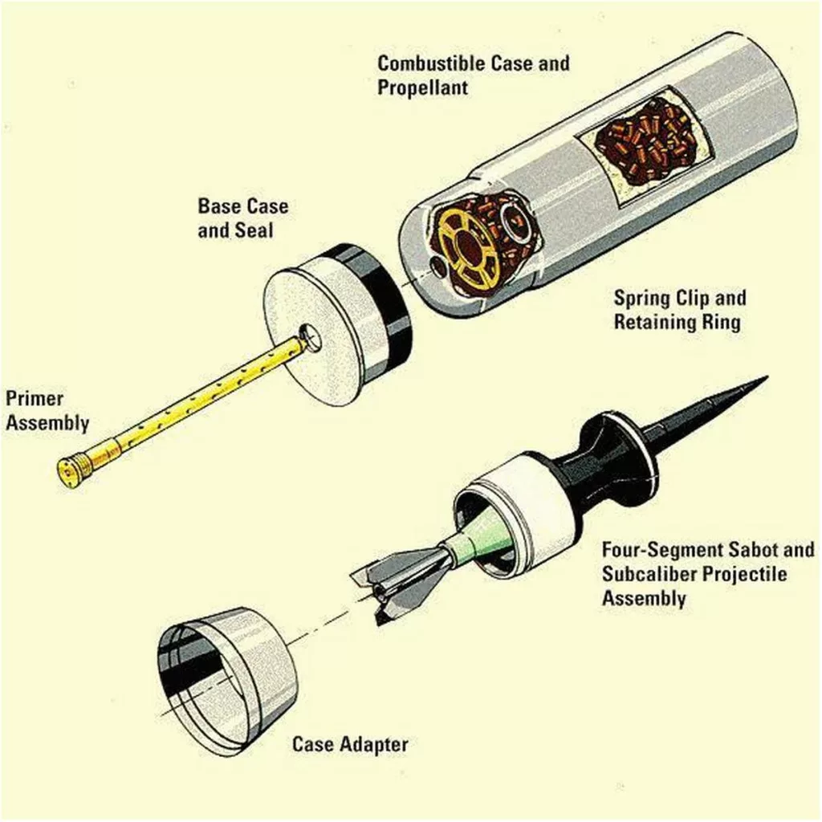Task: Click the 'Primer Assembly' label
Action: (x=47, y=410)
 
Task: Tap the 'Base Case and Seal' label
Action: (x=242, y=218)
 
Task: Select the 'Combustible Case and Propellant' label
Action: (x=474, y=75)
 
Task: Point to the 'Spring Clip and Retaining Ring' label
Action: (x=680, y=310)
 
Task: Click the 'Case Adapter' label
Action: (x=350, y=744)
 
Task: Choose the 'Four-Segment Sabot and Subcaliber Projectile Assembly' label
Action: (x=708, y=573)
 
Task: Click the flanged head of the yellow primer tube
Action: (x=72, y=470)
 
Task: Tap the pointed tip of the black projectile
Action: (x=767, y=376)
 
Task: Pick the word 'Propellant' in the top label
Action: (x=422, y=87)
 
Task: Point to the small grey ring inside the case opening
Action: (x=511, y=220)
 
